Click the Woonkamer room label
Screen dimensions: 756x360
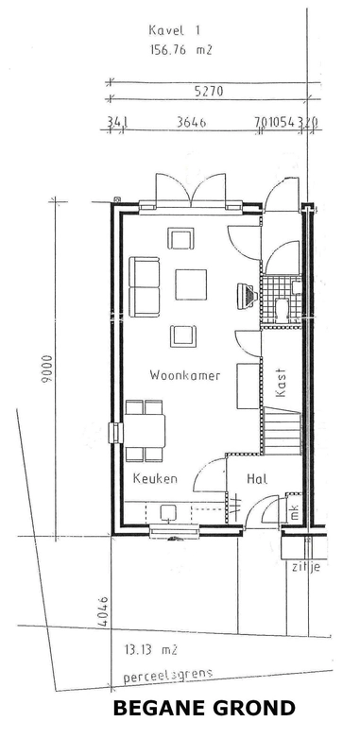[x=184, y=375]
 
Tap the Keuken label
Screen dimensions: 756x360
[x=155, y=479]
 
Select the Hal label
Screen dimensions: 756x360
[x=256, y=479]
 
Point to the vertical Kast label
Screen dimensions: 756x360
[x=281, y=381]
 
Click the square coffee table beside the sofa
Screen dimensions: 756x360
[x=192, y=283]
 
